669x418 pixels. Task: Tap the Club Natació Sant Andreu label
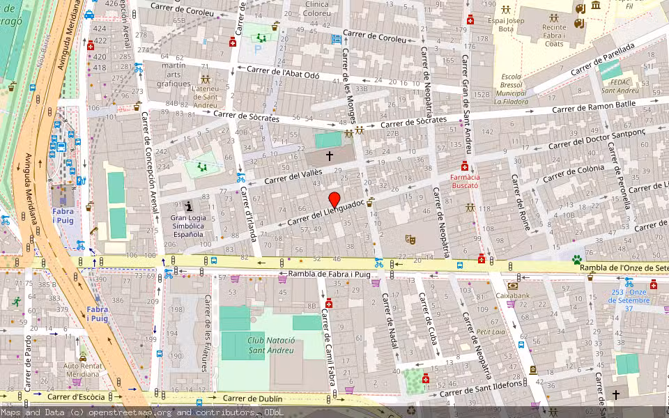point(272,345)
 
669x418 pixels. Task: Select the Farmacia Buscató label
point(464,182)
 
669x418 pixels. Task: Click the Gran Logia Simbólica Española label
point(188,226)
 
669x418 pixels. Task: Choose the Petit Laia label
point(491,332)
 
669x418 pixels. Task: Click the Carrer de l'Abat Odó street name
point(282,71)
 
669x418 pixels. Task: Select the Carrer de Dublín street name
point(252,398)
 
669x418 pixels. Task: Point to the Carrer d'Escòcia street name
point(76,396)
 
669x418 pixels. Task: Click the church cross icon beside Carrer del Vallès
point(330,157)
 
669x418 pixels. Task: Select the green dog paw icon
point(577,259)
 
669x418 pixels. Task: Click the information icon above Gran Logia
point(188,206)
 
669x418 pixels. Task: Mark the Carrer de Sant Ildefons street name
point(484,385)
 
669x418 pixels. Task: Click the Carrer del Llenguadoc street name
point(325,211)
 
